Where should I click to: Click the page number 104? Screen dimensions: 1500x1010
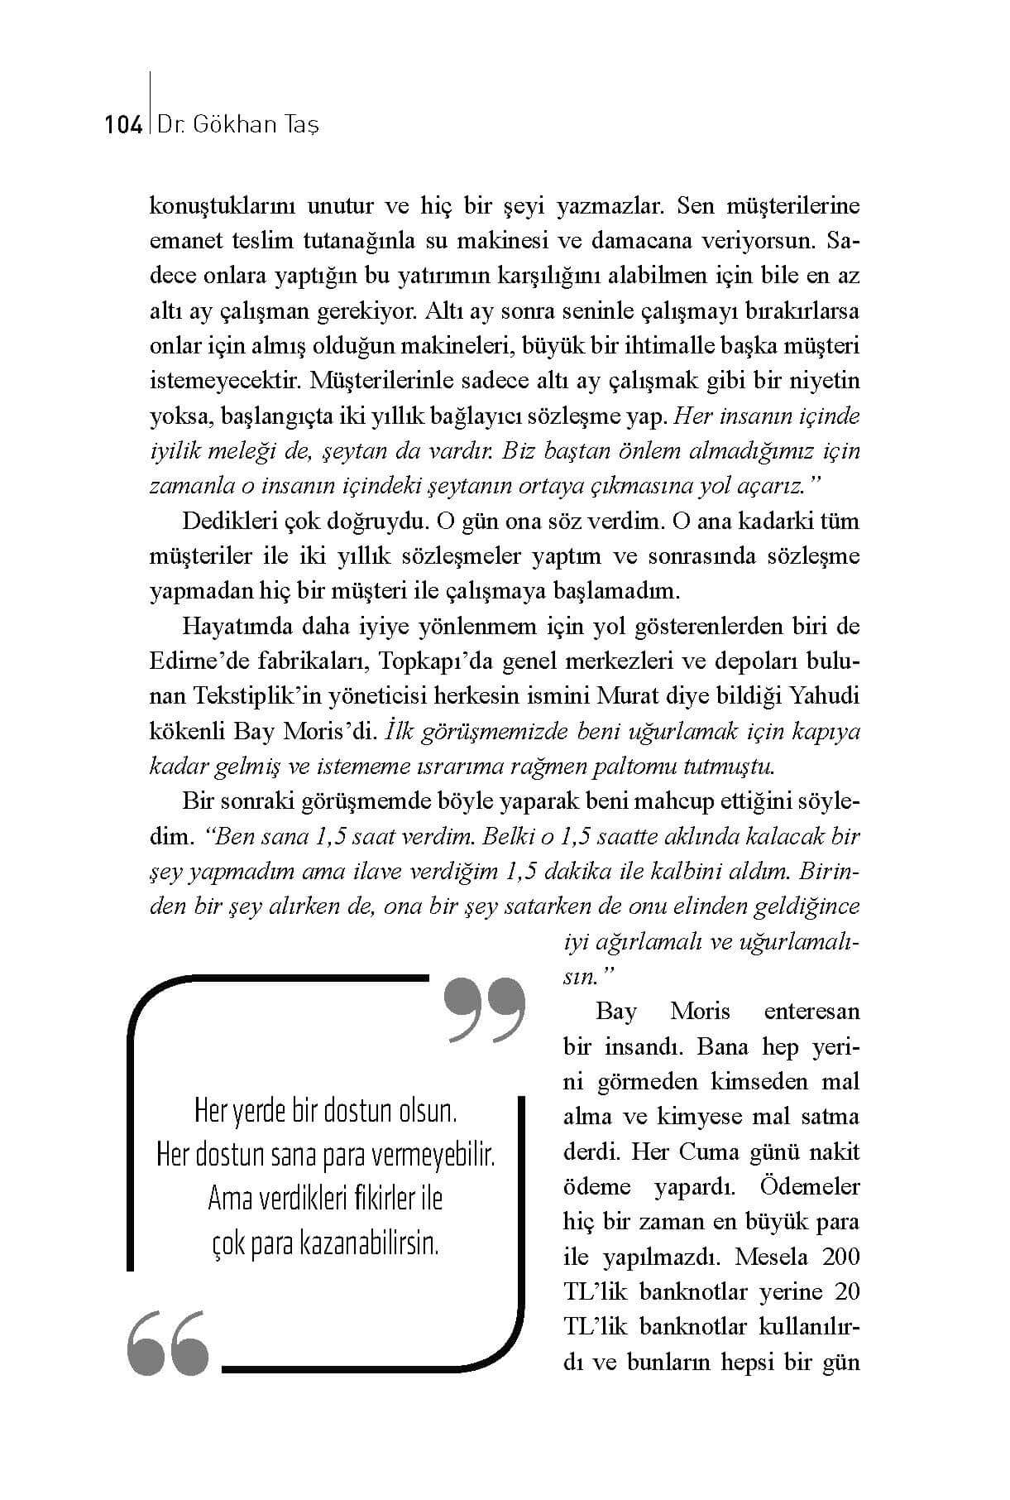click(x=123, y=125)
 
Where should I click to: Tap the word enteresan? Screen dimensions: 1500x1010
click(x=811, y=1011)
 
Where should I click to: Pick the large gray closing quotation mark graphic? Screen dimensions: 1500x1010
click(x=485, y=1009)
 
